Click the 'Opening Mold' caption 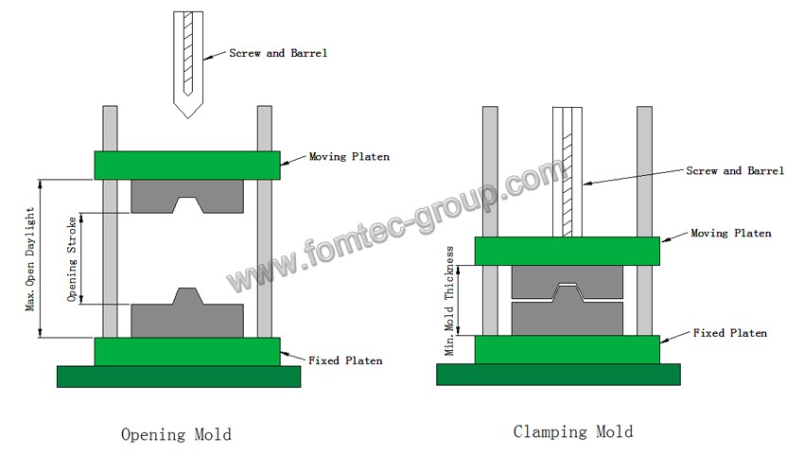point(176,435)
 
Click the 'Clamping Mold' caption point(573,432)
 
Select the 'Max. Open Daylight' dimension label point(30,259)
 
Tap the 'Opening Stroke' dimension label point(72,259)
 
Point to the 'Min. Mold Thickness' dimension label point(450,302)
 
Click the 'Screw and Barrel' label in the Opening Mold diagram point(278,53)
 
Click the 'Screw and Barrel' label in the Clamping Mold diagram point(735,171)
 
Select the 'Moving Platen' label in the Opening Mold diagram point(349,156)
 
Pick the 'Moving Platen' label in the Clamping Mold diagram point(731,233)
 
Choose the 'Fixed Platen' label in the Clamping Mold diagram point(730,333)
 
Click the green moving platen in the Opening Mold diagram point(186,165)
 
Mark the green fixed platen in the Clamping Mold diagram point(567,349)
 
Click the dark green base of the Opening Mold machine point(179,376)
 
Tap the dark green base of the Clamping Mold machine point(558,375)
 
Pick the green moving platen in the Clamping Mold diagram point(567,251)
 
